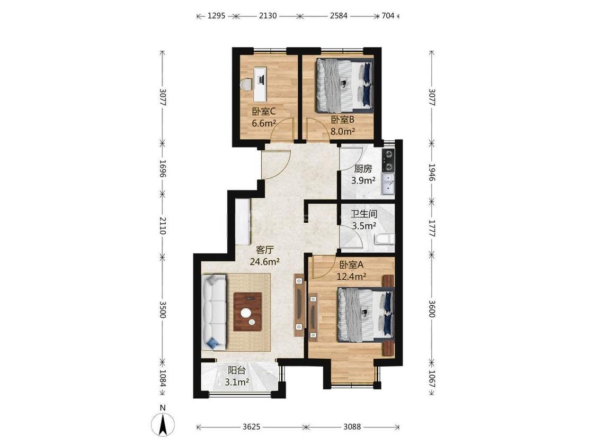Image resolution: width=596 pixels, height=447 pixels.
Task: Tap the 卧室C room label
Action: point(263,112)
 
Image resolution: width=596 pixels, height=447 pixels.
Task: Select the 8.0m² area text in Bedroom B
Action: point(342,131)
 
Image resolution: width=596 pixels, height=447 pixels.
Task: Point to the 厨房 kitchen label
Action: point(363,168)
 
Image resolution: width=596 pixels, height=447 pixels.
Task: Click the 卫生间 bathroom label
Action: point(364,214)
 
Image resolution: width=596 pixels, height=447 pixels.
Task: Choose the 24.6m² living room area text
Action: point(265,261)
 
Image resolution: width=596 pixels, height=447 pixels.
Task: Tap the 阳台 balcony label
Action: point(236,370)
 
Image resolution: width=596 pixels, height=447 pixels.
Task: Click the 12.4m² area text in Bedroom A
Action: point(351,276)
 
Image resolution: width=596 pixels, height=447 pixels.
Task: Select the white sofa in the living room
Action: point(215,312)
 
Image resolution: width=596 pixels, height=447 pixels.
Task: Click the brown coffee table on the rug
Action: point(248,312)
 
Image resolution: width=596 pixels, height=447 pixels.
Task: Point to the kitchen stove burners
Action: point(389,160)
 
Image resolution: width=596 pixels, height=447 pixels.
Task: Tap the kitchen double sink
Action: point(388,184)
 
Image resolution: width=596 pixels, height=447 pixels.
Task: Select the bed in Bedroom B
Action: point(344,86)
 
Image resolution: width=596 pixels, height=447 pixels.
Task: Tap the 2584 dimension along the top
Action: point(339,16)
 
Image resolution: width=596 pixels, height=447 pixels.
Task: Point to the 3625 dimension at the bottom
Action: point(251,427)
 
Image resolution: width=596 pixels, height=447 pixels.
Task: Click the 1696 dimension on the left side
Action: point(163,169)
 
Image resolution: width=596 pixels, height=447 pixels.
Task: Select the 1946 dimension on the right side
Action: point(431,172)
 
